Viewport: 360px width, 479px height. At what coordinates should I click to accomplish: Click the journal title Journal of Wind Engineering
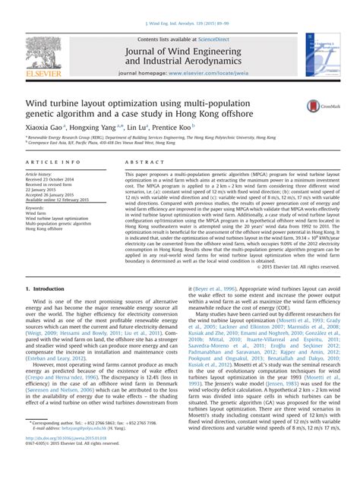(x=188, y=48)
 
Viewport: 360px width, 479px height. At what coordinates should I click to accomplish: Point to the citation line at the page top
(x=180, y=25)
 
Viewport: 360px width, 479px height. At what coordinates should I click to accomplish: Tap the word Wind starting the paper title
(x=38, y=100)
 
